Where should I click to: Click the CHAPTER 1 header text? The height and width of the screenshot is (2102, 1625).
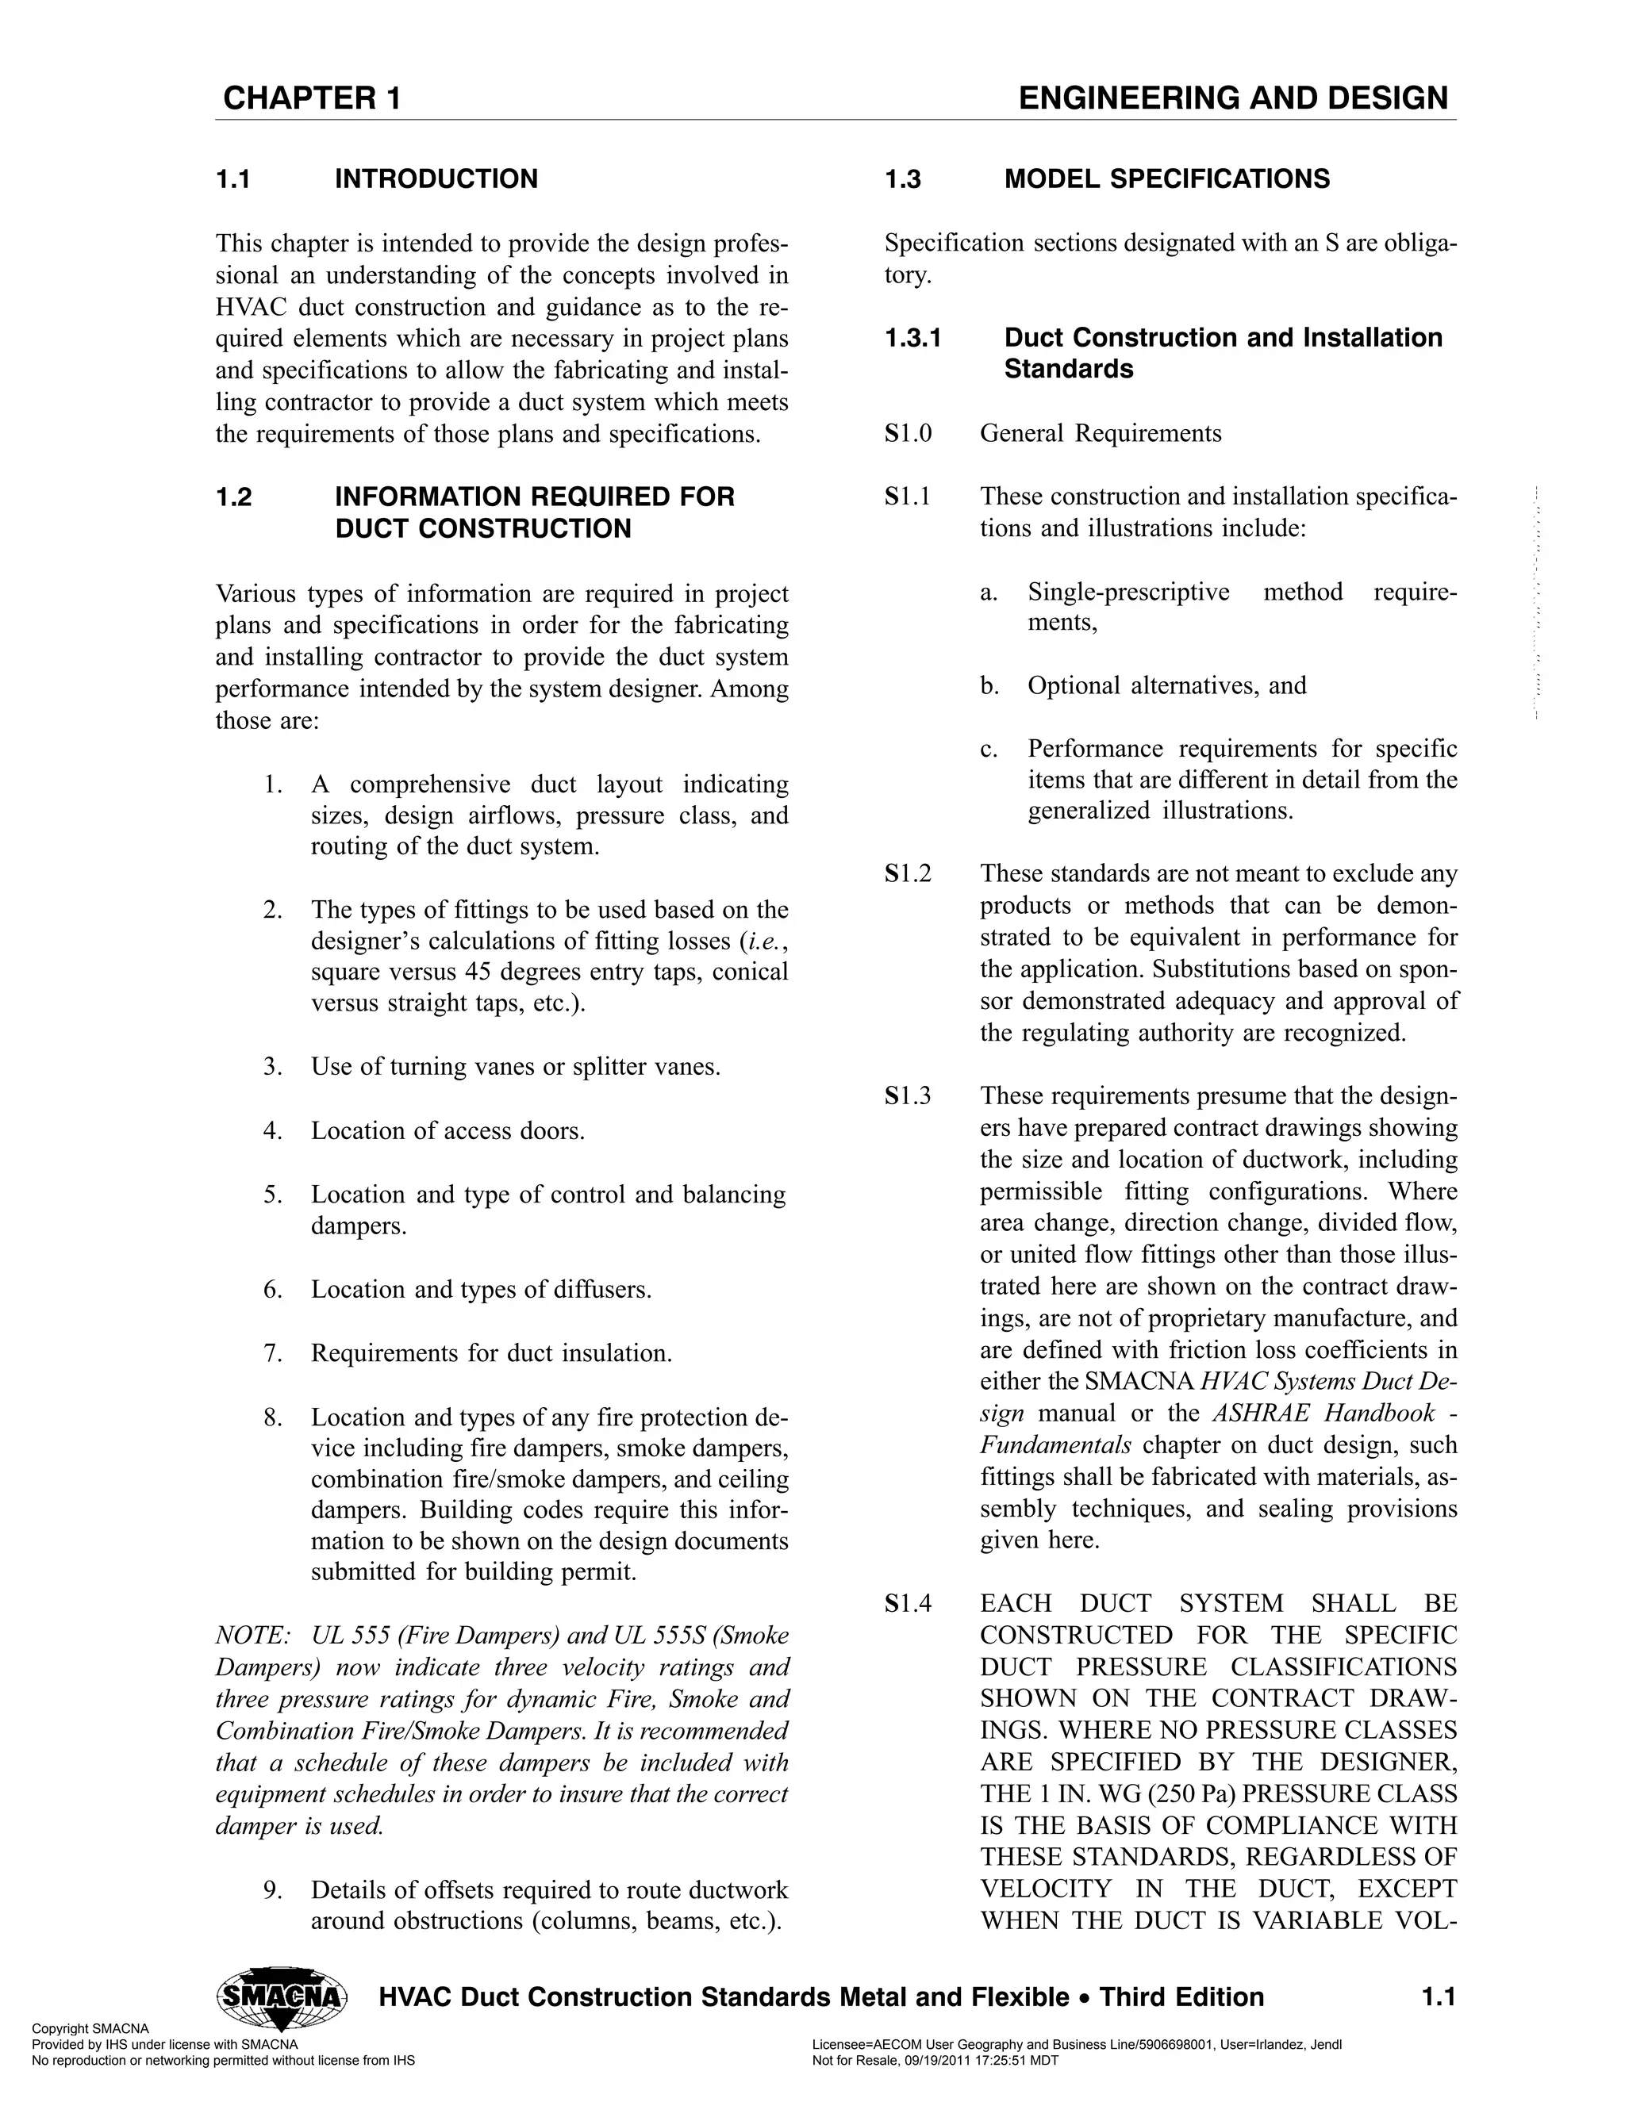pyautogui.click(x=311, y=98)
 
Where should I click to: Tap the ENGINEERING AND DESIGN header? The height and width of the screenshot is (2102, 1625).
pyautogui.click(x=1232, y=98)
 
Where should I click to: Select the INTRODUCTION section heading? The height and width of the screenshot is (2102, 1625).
pyautogui.click(x=436, y=179)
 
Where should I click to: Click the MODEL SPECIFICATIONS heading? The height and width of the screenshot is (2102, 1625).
pyautogui.click(x=1166, y=179)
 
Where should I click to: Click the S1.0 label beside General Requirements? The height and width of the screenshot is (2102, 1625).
pyautogui.click(x=908, y=433)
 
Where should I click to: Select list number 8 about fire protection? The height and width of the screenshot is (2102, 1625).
pyautogui.click(x=272, y=1417)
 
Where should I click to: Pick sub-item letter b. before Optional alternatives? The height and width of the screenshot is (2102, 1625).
pyautogui.click(x=989, y=686)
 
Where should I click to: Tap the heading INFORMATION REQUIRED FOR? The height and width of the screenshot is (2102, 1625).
pyautogui.click(x=534, y=497)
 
